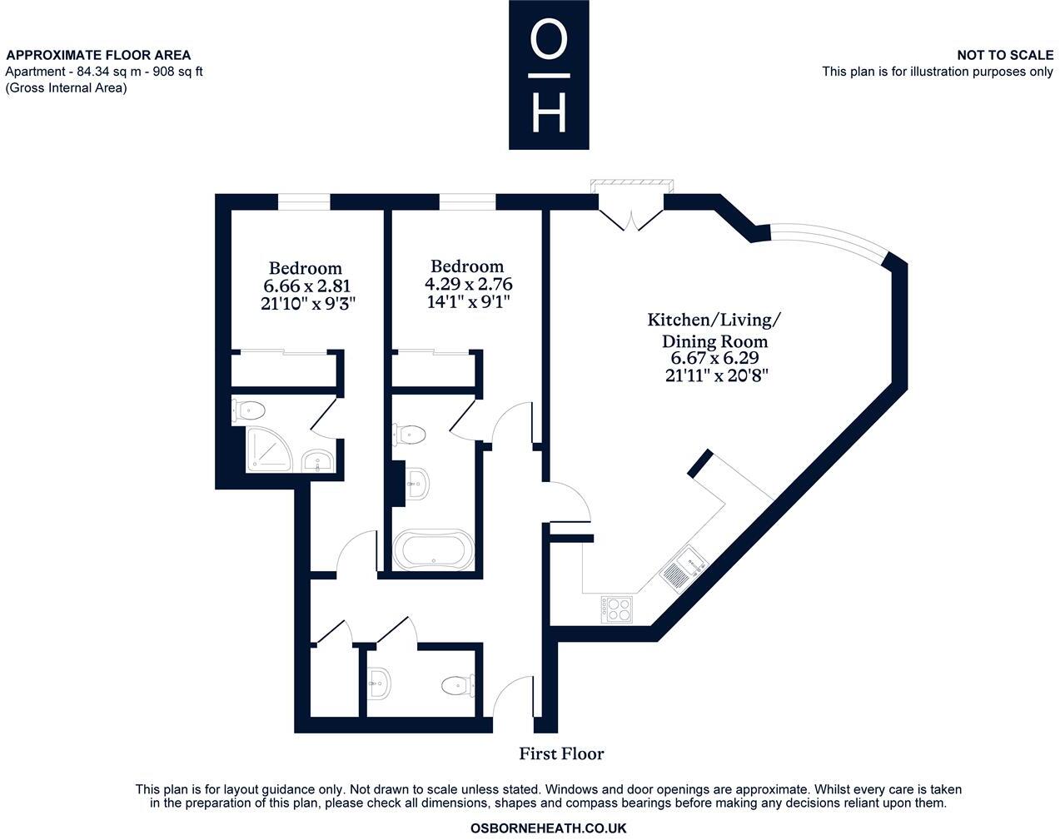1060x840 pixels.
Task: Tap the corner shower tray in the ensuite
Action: (x=267, y=450)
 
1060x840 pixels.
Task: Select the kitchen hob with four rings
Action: (x=616, y=609)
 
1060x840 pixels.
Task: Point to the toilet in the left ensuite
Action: (x=249, y=410)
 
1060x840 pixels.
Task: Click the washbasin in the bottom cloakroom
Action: (x=379, y=683)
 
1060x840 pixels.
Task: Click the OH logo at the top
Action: (x=549, y=75)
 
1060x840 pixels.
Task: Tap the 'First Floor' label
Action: (x=561, y=753)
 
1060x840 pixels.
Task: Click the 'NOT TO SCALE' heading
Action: (x=1004, y=55)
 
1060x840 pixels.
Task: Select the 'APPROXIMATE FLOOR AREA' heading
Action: (x=98, y=55)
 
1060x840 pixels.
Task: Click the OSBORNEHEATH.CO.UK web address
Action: (x=548, y=828)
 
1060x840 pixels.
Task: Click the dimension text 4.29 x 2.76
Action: (x=468, y=284)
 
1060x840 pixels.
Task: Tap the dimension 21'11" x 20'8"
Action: (x=716, y=375)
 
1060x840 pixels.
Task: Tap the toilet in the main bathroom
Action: (x=410, y=434)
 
